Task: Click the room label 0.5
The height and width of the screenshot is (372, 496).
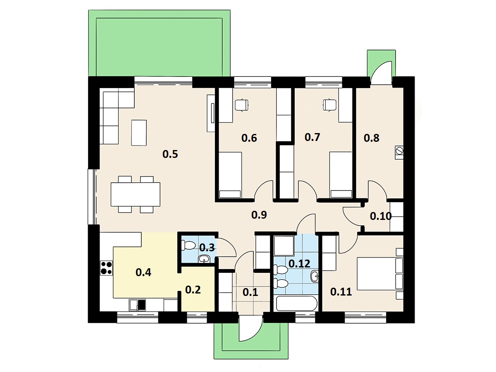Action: click(170, 154)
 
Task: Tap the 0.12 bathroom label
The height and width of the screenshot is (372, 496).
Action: click(299, 263)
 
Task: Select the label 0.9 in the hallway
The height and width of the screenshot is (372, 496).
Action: click(259, 215)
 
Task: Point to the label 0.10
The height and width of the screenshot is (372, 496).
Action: click(381, 216)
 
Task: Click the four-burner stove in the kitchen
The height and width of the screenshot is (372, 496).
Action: click(106, 268)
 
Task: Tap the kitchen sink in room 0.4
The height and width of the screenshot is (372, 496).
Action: click(138, 305)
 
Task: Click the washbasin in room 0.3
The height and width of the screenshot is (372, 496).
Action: click(204, 259)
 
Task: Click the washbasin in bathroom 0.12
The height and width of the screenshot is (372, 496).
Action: click(315, 276)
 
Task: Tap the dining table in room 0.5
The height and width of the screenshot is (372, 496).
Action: click(135, 194)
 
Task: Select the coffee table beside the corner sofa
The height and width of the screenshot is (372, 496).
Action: click(139, 133)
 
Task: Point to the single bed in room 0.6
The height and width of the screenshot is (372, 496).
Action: click(230, 175)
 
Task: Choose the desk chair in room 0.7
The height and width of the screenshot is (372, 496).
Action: click(329, 105)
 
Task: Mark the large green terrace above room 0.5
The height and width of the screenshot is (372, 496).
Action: click(159, 43)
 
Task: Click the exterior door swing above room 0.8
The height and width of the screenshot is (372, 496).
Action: click(381, 73)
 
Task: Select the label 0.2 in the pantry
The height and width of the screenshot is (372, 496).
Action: click(193, 290)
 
